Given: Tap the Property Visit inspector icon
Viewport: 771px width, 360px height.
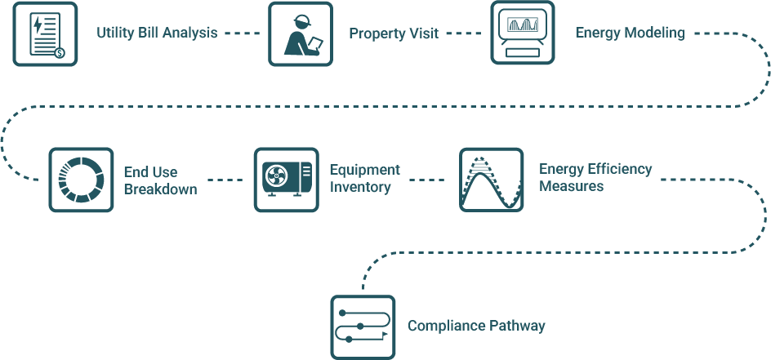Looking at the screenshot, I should (x=301, y=33).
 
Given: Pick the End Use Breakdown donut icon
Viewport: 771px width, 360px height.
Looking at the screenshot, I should (x=81, y=180).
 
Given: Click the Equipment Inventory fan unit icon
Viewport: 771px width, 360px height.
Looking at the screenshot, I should (x=285, y=180).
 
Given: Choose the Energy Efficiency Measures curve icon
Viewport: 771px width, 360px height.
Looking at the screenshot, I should (x=491, y=180).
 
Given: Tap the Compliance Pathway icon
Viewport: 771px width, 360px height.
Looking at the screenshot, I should (x=363, y=327).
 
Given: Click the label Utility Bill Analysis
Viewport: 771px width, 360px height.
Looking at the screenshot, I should (x=157, y=33).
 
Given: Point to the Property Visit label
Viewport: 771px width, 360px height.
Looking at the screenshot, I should (x=394, y=33).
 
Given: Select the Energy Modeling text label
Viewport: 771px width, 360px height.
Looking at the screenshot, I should (x=630, y=33).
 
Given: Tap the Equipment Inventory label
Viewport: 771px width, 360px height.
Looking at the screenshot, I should (x=364, y=178).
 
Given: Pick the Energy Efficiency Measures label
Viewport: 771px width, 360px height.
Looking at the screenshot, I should (x=595, y=177).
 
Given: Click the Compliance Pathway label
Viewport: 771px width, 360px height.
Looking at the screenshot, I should (x=476, y=327).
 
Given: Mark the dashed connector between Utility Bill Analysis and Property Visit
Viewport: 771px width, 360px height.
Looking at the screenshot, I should (x=242, y=33).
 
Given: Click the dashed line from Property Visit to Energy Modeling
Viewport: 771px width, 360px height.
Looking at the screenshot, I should (x=463, y=33).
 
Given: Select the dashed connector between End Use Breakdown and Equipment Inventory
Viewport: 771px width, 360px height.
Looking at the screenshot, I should (x=225, y=180).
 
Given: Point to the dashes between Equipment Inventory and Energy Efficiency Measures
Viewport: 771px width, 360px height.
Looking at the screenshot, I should (x=427, y=180).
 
